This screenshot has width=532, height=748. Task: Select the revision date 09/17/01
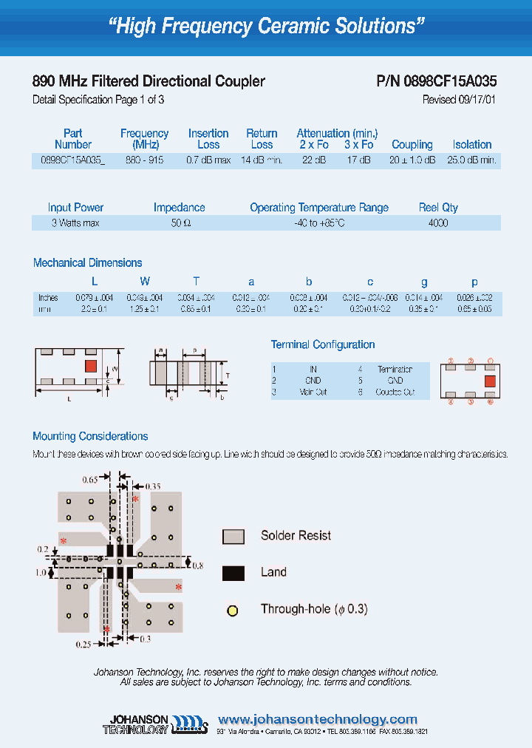click(474, 100)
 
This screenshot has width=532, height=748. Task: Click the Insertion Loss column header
click(208, 139)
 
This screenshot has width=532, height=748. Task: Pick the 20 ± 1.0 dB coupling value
click(412, 160)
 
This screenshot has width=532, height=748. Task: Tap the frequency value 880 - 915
click(145, 160)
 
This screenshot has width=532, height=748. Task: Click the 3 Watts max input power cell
click(75, 222)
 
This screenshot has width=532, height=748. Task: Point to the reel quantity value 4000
click(438, 222)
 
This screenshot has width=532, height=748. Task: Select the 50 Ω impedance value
click(180, 222)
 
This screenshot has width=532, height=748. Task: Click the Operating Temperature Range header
click(319, 208)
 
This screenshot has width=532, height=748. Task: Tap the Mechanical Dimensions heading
click(87, 262)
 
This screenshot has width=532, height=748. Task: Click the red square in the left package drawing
click(92, 366)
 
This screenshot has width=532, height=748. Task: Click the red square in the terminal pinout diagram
click(488, 381)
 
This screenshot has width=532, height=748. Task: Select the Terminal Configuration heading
click(323, 344)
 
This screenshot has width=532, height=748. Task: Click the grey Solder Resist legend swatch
click(233, 537)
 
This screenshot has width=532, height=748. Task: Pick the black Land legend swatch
click(233, 573)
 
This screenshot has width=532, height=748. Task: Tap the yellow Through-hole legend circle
click(233, 611)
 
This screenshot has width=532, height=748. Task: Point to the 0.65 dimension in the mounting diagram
click(89, 480)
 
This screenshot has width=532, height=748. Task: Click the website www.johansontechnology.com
click(318, 719)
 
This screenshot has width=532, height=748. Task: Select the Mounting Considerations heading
click(90, 436)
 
